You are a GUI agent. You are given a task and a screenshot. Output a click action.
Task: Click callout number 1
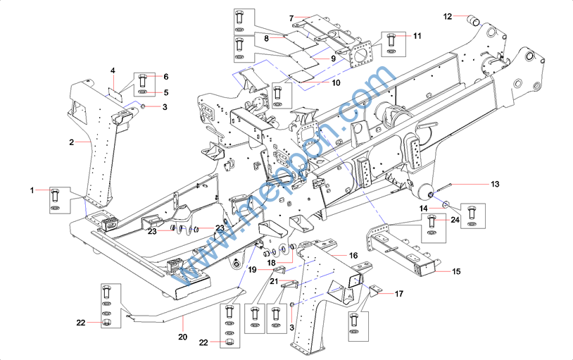(32, 190)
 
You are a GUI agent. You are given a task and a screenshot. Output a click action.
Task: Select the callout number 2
(72, 142)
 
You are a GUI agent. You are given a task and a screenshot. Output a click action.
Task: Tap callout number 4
(112, 70)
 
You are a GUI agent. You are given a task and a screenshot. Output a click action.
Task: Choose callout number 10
(336, 82)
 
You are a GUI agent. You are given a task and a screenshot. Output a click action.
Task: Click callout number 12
(447, 15)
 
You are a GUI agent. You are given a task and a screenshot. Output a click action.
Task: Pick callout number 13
(495, 184)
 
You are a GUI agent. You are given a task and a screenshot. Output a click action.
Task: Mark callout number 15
(456, 271)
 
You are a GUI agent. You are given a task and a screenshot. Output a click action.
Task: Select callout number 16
(353, 255)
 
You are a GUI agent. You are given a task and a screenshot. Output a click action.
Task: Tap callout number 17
(399, 293)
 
